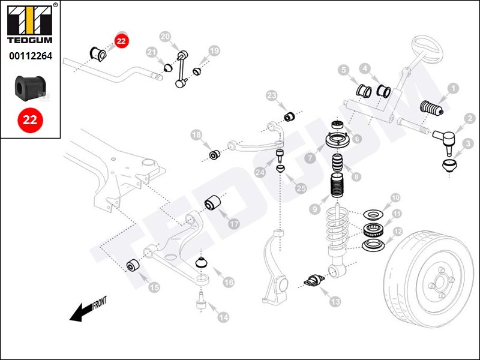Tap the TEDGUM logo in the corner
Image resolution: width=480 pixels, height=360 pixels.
click(30, 26)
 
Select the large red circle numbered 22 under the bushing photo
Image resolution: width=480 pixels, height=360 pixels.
click(30, 119)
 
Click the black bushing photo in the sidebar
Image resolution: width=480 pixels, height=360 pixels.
click(30, 88)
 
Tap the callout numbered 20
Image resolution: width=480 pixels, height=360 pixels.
click(166, 37)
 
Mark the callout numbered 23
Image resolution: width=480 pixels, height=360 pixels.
click(272, 96)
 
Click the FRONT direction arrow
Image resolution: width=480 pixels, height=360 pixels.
click(85, 310)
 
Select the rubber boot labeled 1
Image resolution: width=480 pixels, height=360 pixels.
click(430, 108)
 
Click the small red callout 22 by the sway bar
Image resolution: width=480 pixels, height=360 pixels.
click(122, 41)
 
